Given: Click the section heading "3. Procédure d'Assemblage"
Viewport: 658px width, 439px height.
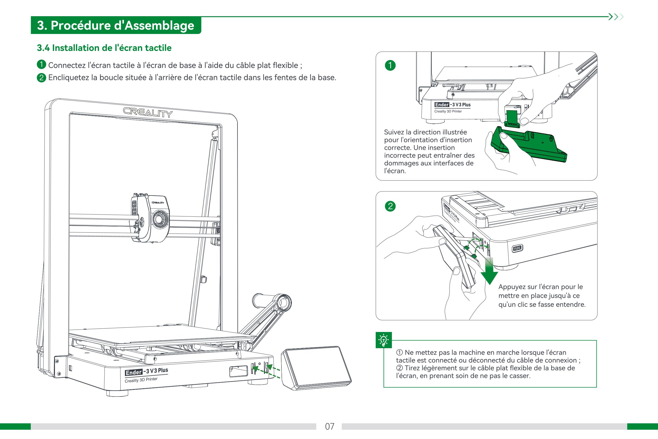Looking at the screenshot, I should point(115,25).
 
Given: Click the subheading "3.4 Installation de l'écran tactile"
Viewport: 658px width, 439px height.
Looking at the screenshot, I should point(104,48).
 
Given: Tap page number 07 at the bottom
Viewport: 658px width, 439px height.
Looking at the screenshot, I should point(330,426).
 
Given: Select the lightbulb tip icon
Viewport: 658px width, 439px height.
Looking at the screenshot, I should point(384,340).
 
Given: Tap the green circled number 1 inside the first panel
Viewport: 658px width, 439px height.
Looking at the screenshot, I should point(390,66).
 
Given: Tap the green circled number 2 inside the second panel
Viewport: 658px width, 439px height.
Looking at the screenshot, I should point(390,206).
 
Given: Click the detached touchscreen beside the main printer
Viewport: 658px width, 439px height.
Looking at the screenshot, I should point(316,367).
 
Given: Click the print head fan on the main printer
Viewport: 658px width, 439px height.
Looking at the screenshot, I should point(160,219).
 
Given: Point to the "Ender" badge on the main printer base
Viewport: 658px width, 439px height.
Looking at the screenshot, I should point(133,372).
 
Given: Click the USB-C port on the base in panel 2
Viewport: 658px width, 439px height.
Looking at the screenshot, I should point(517,248).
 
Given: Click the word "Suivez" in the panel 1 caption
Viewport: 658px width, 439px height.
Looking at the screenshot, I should point(394,132).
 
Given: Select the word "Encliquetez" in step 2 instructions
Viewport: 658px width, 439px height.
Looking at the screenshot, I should point(68,78).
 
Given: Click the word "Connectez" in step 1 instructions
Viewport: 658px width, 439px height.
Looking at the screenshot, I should point(67,66).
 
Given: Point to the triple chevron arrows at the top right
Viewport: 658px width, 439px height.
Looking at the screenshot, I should point(616,17).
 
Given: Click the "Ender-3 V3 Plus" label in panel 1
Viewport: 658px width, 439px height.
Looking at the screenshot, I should point(452,105).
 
